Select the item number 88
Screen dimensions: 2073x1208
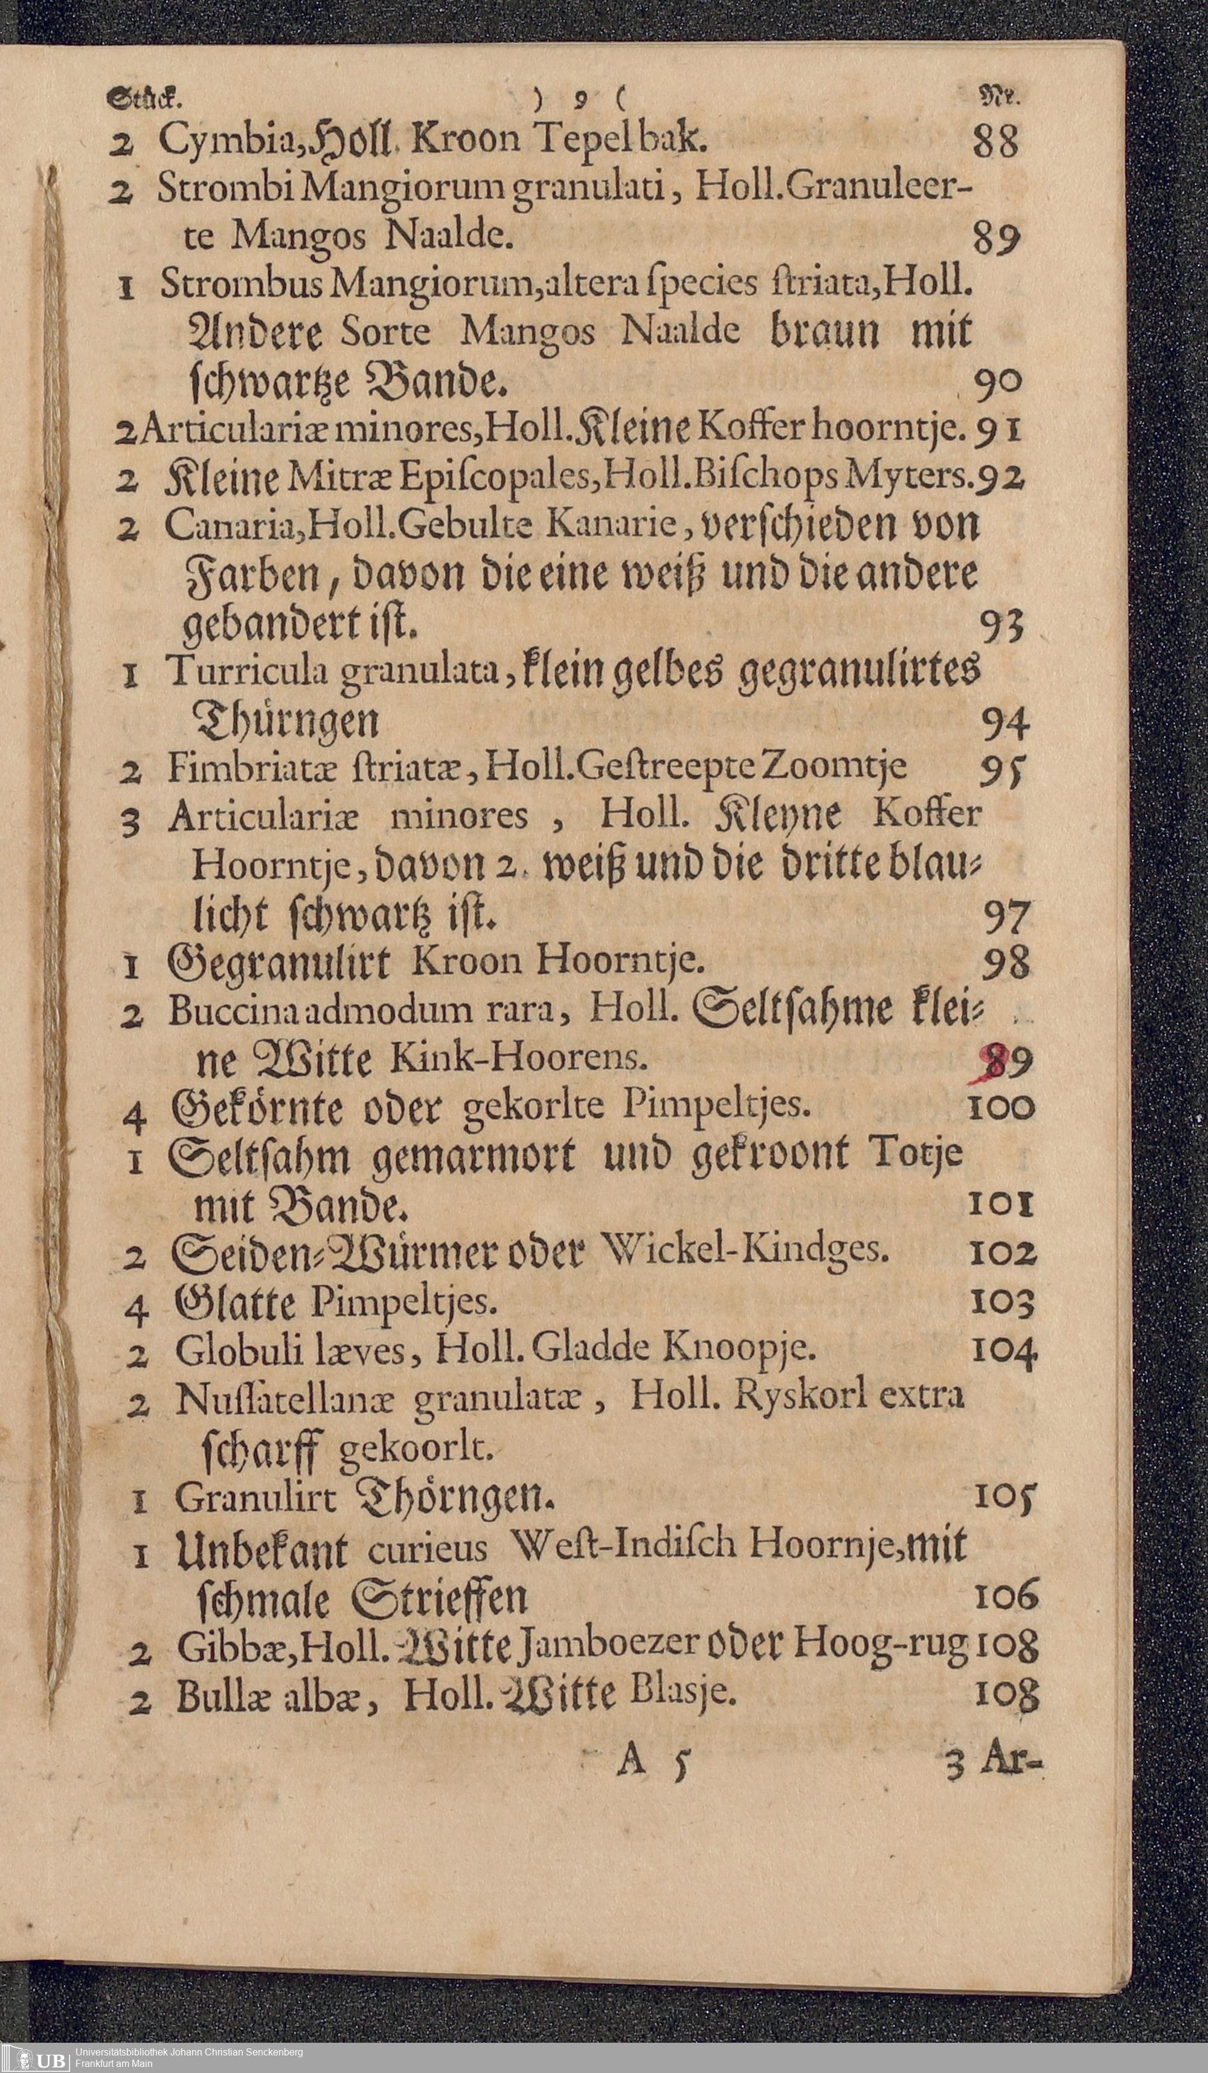coord(995,141)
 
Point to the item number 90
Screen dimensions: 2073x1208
coord(997,381)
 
